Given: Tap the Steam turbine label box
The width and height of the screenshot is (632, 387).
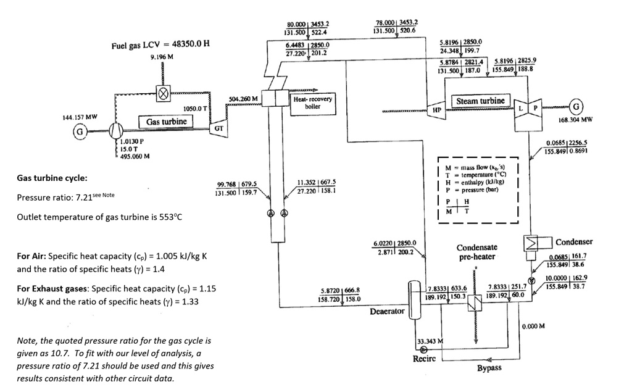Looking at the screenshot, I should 481,101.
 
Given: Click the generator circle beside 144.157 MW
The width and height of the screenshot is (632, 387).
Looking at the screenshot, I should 80,131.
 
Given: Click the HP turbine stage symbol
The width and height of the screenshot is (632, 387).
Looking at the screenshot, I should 436,109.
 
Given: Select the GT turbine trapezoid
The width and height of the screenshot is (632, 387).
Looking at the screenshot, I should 218,128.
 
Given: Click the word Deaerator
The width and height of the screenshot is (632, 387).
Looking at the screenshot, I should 387,311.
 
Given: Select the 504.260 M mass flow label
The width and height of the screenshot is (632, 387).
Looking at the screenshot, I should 243,99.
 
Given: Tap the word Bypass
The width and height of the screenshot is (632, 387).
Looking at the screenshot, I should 489,368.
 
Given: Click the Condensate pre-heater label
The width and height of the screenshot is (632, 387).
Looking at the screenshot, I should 476,252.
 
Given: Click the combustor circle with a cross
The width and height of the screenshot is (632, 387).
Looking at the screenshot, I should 163,95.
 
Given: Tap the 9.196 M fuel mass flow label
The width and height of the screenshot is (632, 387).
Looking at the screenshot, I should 162,57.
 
